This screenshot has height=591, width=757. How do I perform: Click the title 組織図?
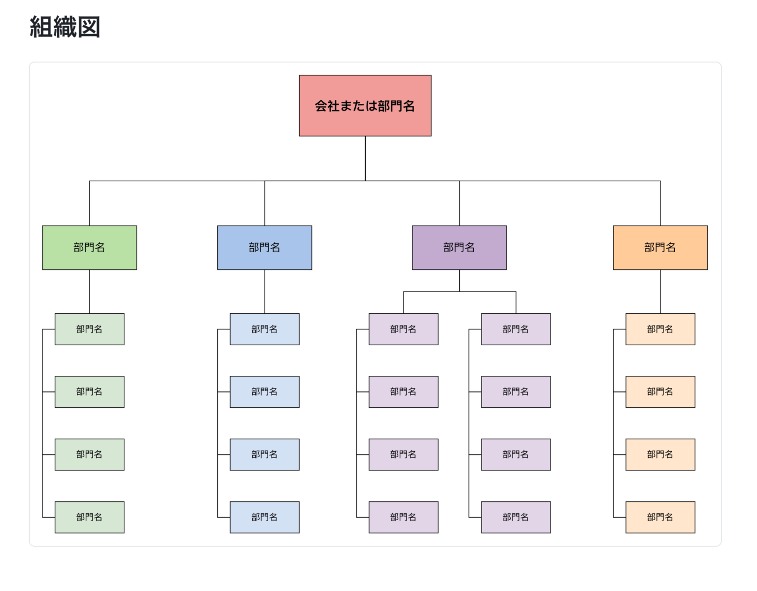tap(65, 27)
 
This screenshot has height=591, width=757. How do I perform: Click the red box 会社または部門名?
tap(365, 106)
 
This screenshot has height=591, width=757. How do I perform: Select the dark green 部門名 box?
tap(89, 248)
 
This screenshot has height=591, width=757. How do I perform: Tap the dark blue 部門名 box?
tap(264, 248)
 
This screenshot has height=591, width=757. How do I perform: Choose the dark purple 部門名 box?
tap(459, 248)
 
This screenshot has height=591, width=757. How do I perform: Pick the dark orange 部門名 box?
tap(660, 248)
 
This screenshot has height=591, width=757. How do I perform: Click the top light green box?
tap(89, 329)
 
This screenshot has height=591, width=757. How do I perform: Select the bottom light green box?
tap(89, 517)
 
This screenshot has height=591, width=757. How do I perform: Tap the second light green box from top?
tap(89, 392)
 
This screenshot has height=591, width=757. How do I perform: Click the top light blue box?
tap(264, 329)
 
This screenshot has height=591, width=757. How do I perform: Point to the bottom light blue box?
tap(264, 517)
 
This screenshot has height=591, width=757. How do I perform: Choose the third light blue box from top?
tap(264, 455)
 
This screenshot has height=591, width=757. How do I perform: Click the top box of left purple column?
tap(403, 329)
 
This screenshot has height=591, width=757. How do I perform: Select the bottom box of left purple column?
tap(403, 517)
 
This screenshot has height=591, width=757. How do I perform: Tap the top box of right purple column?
tap(516, 329)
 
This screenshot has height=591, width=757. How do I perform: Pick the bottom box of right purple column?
tap(516, 517)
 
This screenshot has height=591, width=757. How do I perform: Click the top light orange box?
tap(660, 329)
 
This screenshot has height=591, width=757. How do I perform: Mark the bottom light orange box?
tap(660, 517)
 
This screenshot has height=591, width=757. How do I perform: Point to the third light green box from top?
tap(89, 455)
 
